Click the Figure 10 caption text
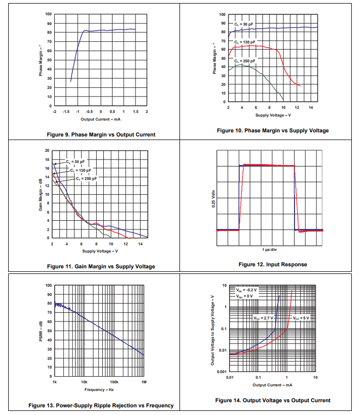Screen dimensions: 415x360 pyautogui.click(x=273, y=131)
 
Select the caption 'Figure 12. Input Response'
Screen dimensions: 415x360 pyautogui.click(x=273, y=264)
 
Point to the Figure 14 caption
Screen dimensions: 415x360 pyautogui.click(x=273, y=400)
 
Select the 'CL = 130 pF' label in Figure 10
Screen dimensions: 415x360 pyautogui.click(x=245, y=41)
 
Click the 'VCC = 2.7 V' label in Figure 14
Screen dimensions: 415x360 pyautogui.click(x=263, y=317)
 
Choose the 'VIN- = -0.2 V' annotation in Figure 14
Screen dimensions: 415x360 pyautogui.click(x=246, y=290)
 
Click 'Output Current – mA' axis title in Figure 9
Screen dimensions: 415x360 pyautogui.click(x=100, y=119)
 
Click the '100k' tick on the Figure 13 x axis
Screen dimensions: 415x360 pyautogui.click(x=114, y=382)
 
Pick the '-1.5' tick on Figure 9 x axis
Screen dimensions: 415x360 pyautogui.click(x=66, y=111)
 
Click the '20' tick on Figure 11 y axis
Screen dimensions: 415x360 pyautogui.click(x=47, y=151)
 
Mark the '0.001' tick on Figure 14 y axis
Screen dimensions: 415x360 pyautogui.click(x=221, y=372)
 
